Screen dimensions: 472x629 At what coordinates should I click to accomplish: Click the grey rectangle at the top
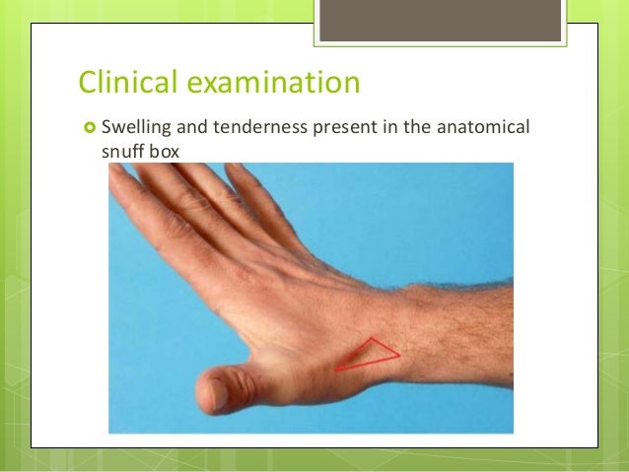440,20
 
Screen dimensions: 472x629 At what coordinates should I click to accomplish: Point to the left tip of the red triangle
336,370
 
